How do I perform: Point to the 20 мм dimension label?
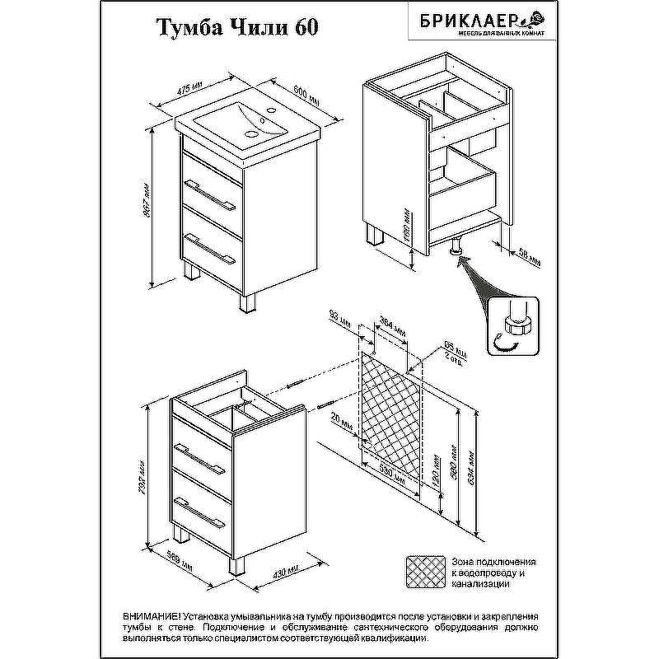coord(346,427)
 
